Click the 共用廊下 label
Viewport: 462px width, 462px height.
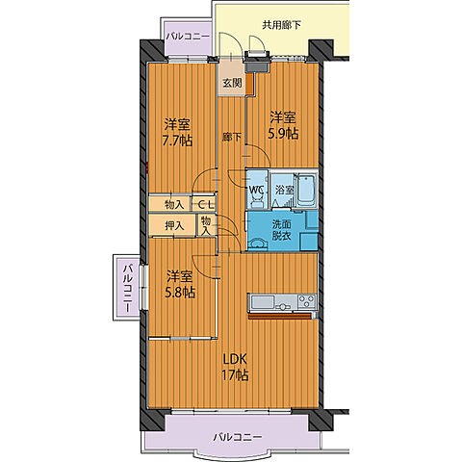click(281, 25)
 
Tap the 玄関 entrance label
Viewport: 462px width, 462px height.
click(232, 83)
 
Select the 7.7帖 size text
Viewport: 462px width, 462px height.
click(177, 141)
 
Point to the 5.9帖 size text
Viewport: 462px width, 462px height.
click(283, 134)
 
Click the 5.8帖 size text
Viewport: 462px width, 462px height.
click(180, 292)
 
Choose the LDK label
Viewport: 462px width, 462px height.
click(235, 360)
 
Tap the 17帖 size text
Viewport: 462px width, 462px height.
click(235, 374)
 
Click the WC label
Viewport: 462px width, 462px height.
click(256, 190)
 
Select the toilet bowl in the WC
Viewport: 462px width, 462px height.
click(256, 201)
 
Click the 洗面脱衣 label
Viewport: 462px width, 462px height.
click(281, 230)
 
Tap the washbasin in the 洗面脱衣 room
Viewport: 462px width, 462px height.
click(259, 244)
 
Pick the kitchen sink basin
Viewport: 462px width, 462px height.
click(263, 302)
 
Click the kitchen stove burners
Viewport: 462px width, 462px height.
click(307, 302)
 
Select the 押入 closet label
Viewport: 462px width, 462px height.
click(174, 226)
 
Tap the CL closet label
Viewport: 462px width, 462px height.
click(205, 204)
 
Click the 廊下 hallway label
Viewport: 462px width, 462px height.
click(232, 137)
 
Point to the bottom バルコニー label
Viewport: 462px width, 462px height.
click(238, 437)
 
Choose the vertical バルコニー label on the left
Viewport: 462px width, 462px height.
click(128, 288)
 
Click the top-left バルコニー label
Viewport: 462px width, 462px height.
click(188, 37)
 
